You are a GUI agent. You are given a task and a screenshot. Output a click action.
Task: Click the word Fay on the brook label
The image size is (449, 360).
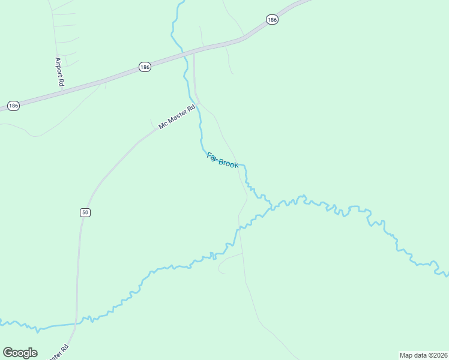[x=212, y=157]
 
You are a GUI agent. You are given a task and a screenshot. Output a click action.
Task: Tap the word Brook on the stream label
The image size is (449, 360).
[x=228, y=163]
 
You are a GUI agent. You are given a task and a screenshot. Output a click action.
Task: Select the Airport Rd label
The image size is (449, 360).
[x=59, y=72]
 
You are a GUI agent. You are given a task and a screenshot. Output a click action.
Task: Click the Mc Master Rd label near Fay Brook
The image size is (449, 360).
[x=177, y=117]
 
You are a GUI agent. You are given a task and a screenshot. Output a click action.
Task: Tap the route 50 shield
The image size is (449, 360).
[x=85, y=212]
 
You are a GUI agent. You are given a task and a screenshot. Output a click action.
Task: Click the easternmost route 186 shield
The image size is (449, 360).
[x=273, y=20]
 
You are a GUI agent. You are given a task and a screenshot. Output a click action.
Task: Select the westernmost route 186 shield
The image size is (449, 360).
[x=13, y=106]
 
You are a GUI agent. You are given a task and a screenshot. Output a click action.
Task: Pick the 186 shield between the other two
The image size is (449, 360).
[x=145, y=67]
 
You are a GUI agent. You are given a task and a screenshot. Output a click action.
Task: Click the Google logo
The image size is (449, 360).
[x=20, y=353]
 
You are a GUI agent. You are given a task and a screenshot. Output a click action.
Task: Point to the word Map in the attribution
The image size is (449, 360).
[x=406, y=355]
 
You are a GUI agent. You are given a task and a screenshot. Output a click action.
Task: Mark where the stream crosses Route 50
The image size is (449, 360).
[x=76, y=323]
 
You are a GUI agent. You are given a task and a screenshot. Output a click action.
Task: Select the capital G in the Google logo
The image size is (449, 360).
[x=8, y=352]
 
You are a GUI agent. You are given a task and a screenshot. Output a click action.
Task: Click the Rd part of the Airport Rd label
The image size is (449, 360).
[x=61, y=81]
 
